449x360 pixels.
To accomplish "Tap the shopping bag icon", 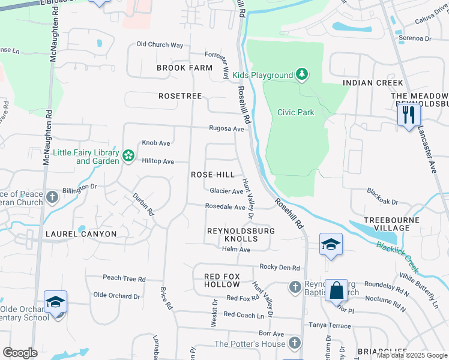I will [x=336, y=291].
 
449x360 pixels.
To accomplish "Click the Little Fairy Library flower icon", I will [x=128, y=156].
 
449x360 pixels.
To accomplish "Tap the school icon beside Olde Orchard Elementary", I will [x=55, y=302].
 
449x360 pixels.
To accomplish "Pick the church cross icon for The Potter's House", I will [x=294, y=343].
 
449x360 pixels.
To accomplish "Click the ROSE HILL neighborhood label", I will [x=212, y=175].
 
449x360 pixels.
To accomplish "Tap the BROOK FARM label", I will [x=185, y=68].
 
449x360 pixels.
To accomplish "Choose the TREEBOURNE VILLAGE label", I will [x=391, y=224].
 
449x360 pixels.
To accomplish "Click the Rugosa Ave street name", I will [x=226, y=128].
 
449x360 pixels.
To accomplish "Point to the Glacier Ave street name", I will [x=226, y=191].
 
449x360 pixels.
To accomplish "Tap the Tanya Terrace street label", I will [x=330, y=325].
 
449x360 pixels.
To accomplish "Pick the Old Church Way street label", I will [x=160, y=44].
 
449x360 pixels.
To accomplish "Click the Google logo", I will [x=20, y=353].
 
